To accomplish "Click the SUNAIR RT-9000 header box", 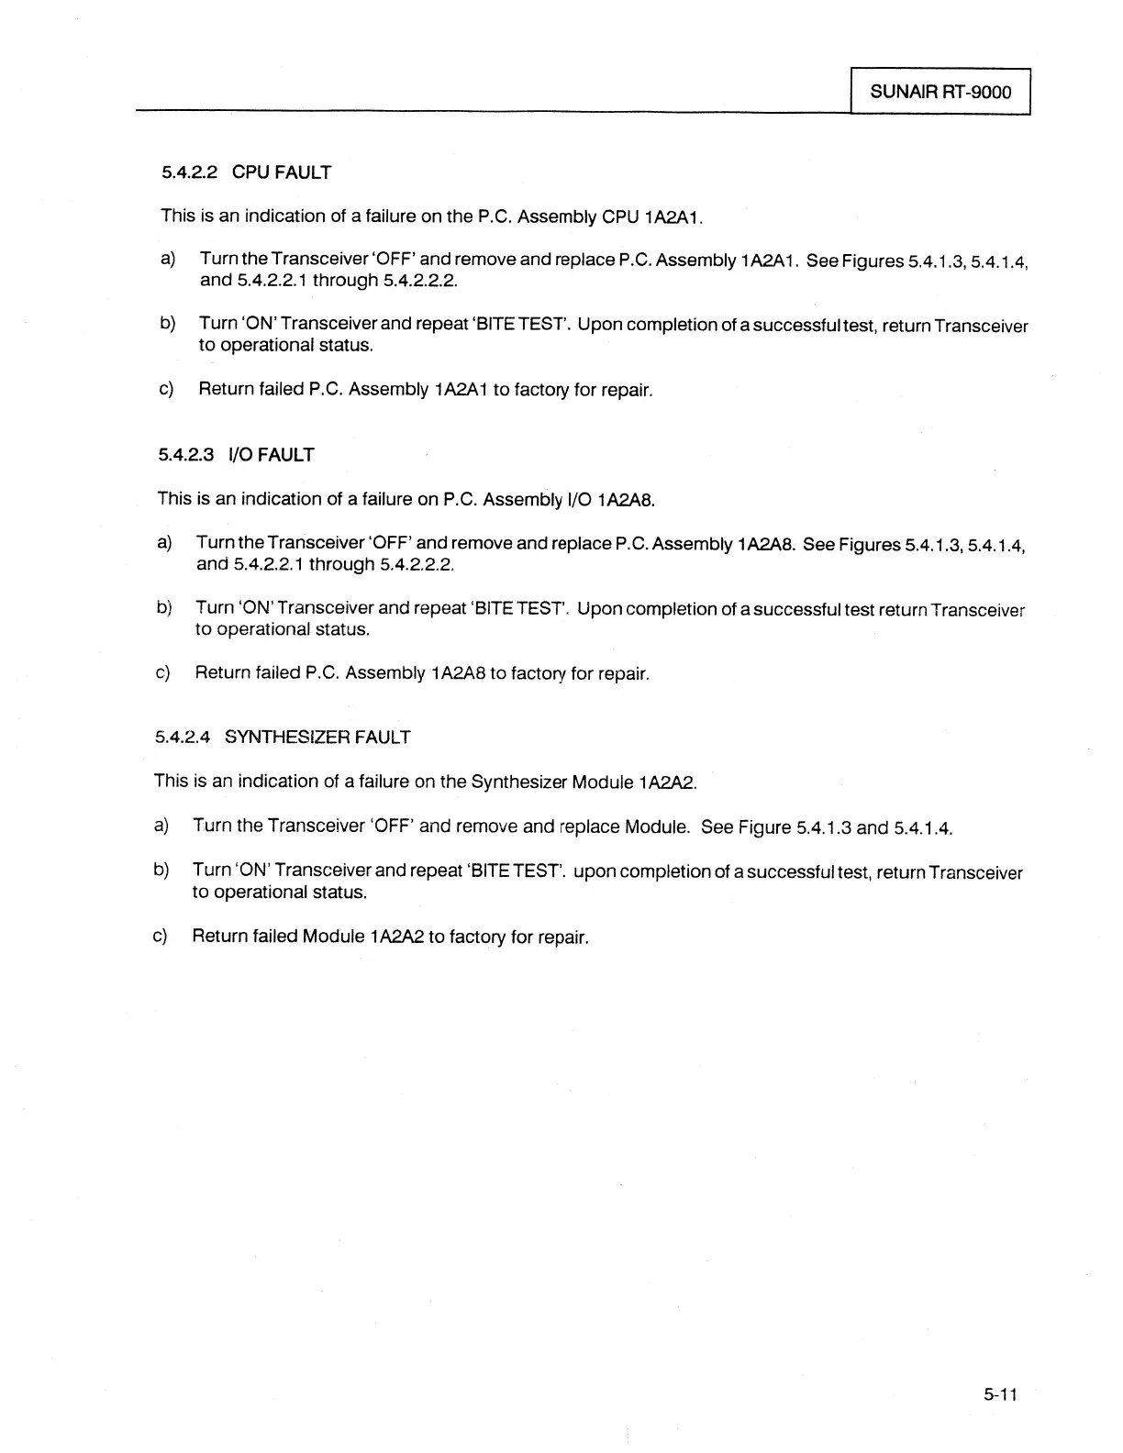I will click(x=940, y=92).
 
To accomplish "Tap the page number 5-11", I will click(x=1000, y=1395).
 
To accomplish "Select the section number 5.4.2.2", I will click(x=188, y=172).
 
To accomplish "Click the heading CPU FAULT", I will click(x=282, y=172).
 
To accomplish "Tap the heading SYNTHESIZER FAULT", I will click(x=317, y=738).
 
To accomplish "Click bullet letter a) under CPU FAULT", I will click(x=168, y=259).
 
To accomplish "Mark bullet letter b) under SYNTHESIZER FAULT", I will click(x=161, y=870).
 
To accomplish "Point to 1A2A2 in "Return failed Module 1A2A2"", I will click(x=396, y=937).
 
